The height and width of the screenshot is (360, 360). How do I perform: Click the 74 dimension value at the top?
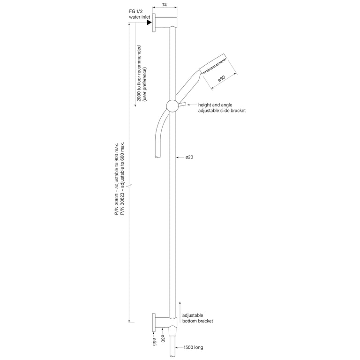[x=165, y=4]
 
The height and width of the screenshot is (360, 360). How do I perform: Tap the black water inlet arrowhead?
[x=149, y=22]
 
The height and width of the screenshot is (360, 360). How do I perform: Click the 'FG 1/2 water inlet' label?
[x=140, y=14]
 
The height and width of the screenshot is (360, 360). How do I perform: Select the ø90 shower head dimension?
[x=222, y=79]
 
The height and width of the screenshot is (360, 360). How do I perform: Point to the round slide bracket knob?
[x=172, y=106]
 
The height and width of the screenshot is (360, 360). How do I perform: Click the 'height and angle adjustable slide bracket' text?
[x=222, y=108]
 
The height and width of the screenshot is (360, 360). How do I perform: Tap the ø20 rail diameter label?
[x=189, y=157]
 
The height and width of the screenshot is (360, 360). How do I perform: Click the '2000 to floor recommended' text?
[x=139, y=74]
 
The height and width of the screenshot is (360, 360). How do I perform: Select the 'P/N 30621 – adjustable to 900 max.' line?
[x=117, y=179]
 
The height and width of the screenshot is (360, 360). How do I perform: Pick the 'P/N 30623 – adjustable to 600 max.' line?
[x=123, y=179]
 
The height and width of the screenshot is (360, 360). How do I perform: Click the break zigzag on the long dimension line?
[x=130, y=185]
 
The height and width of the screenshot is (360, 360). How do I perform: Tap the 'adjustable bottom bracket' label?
[x=197, y=318]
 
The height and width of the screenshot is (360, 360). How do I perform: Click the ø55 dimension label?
[x=154, y=341]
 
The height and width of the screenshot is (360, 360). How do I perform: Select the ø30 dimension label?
[x=163, y=338]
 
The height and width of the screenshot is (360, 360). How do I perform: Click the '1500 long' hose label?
[x=193, y=347]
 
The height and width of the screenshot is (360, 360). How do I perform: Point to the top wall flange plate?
[x=154, y=22]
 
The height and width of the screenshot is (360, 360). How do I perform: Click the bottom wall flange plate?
[x=154, y=322]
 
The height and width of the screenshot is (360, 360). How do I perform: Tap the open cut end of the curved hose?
[x=157, y=157]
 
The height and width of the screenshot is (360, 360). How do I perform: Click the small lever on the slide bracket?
[x=182, y=105]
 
